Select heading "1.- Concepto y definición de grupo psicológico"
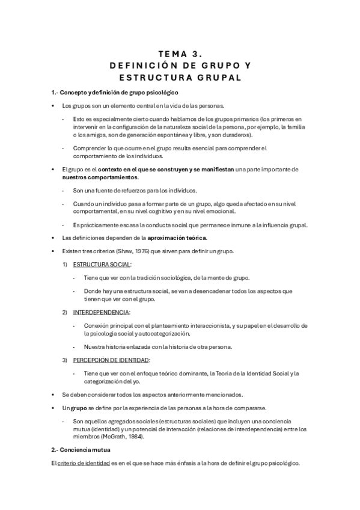[114, 92]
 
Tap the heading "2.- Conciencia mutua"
[81, 449]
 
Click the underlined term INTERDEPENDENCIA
[101, 313]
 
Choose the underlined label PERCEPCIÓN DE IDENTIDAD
[111, 360]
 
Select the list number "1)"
[65, 264]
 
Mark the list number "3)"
[65, 360]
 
